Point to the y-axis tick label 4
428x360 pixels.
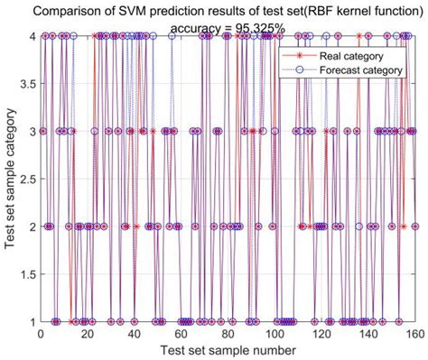(x=30, y=36)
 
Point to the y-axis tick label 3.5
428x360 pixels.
(x=25, y=84)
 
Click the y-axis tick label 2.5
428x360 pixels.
(x=25, y=179)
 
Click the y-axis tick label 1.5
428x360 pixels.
(x=25, y=273)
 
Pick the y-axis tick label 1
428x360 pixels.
(x=30, y=320)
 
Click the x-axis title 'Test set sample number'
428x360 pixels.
(x=226, y=349)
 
